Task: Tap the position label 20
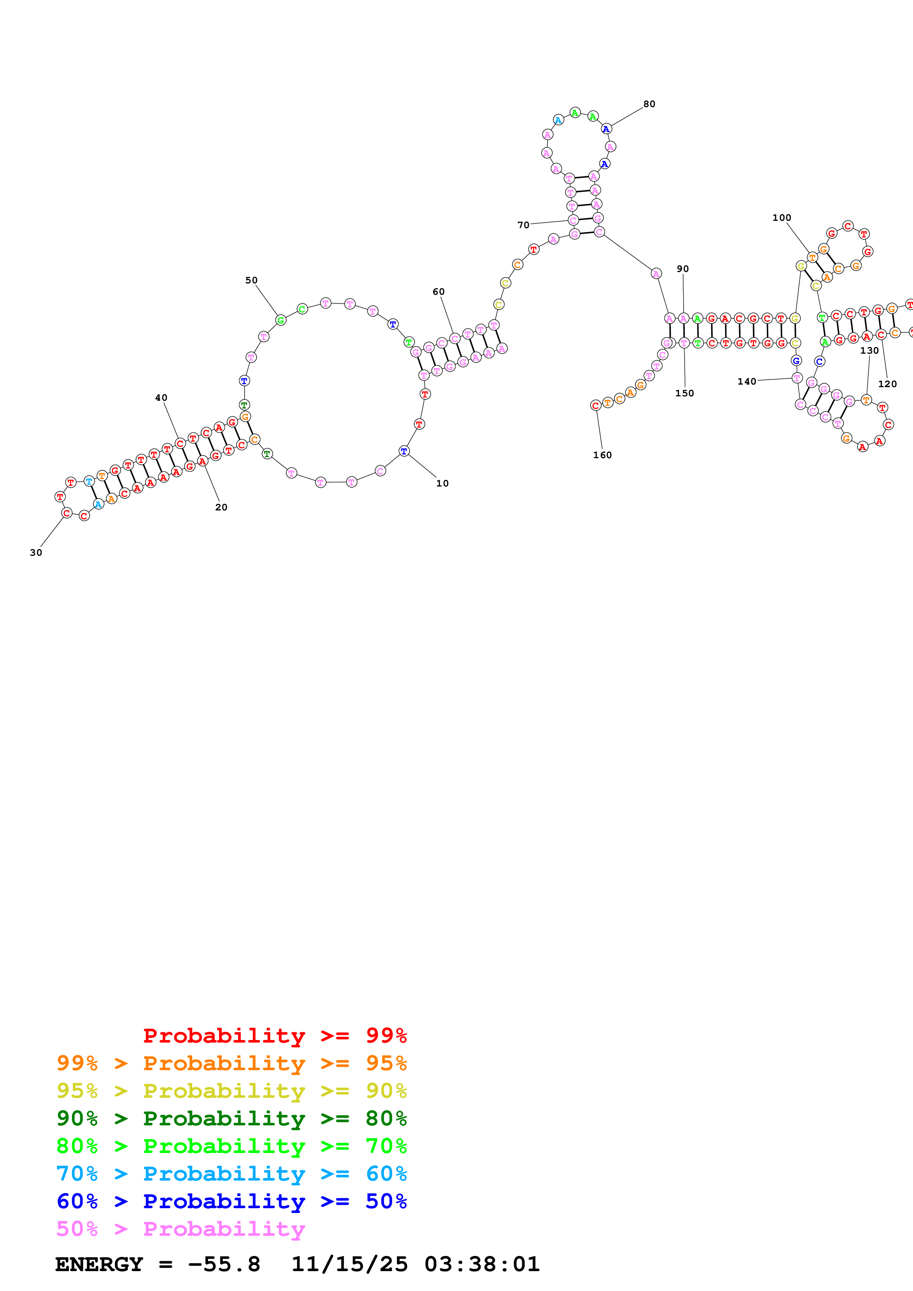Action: [x=221, y=507]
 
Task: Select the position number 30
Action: [x=36, y=553]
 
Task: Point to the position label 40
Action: [x=161, y=397]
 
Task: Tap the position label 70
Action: [x=523, y=225]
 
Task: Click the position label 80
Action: [x=649, y=104]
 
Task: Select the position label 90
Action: [x=682, y=269]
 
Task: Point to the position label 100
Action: [x=782, y=217]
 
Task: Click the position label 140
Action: [x=747, y=381]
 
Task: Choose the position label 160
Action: [x=602, y=455]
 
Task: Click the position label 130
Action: [x=869, y=350]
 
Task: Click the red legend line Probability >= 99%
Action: [x=274, y=1036]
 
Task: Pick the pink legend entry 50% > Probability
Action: [x=180, y=1229]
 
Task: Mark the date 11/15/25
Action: [x=350, y=1265]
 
